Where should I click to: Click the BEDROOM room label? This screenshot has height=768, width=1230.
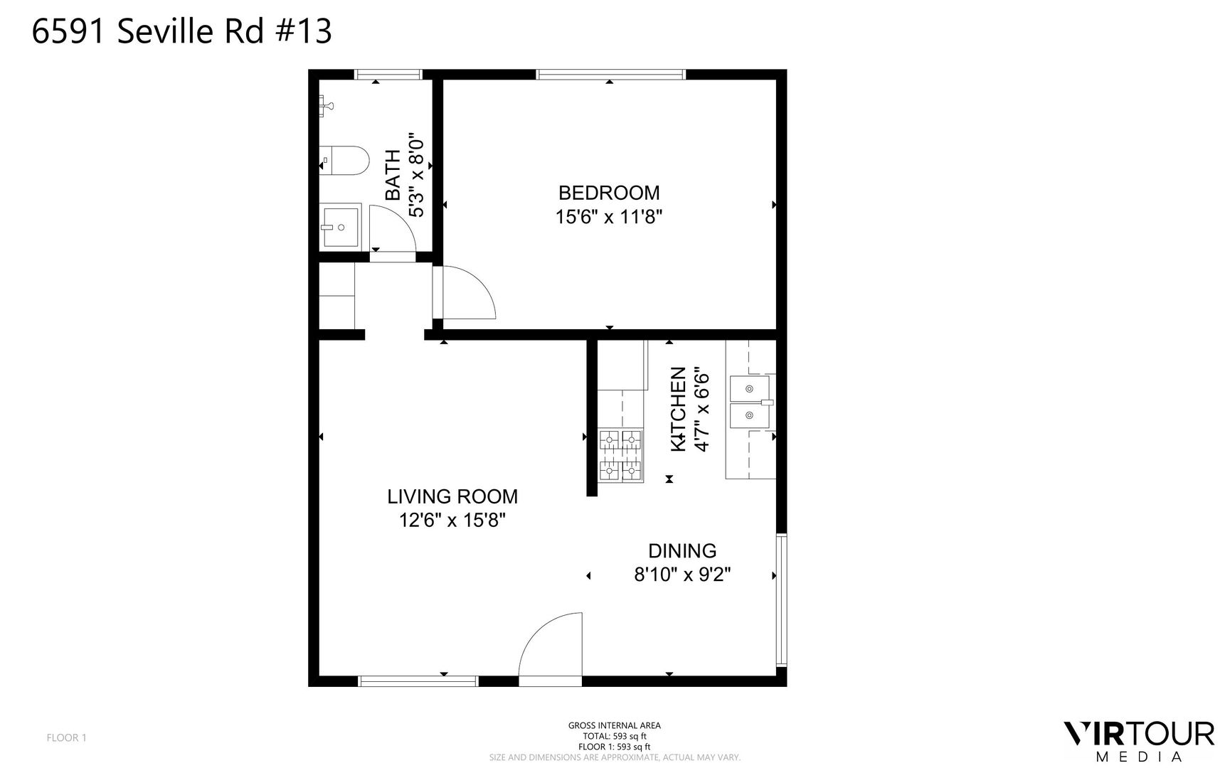609,193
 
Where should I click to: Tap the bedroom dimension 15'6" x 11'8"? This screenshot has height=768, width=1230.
609,217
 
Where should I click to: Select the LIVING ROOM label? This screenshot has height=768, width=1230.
452,496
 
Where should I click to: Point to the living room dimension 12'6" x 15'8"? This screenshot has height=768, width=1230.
452,521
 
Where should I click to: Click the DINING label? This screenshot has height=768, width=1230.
682,551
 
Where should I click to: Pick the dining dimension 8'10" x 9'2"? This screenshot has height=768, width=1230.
682,574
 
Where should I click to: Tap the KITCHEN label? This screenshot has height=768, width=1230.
679,409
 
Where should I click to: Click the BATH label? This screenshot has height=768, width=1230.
393,175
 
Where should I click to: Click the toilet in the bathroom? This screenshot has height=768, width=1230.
344,160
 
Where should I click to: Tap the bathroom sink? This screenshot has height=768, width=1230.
341,227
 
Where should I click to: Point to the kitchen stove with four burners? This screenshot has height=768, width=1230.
621,456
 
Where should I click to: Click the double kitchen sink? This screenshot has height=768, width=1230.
751,402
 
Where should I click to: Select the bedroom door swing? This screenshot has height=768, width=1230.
469,292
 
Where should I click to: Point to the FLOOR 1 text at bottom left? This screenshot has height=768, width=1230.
66,737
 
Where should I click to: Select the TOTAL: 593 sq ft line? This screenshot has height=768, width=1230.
615,736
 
